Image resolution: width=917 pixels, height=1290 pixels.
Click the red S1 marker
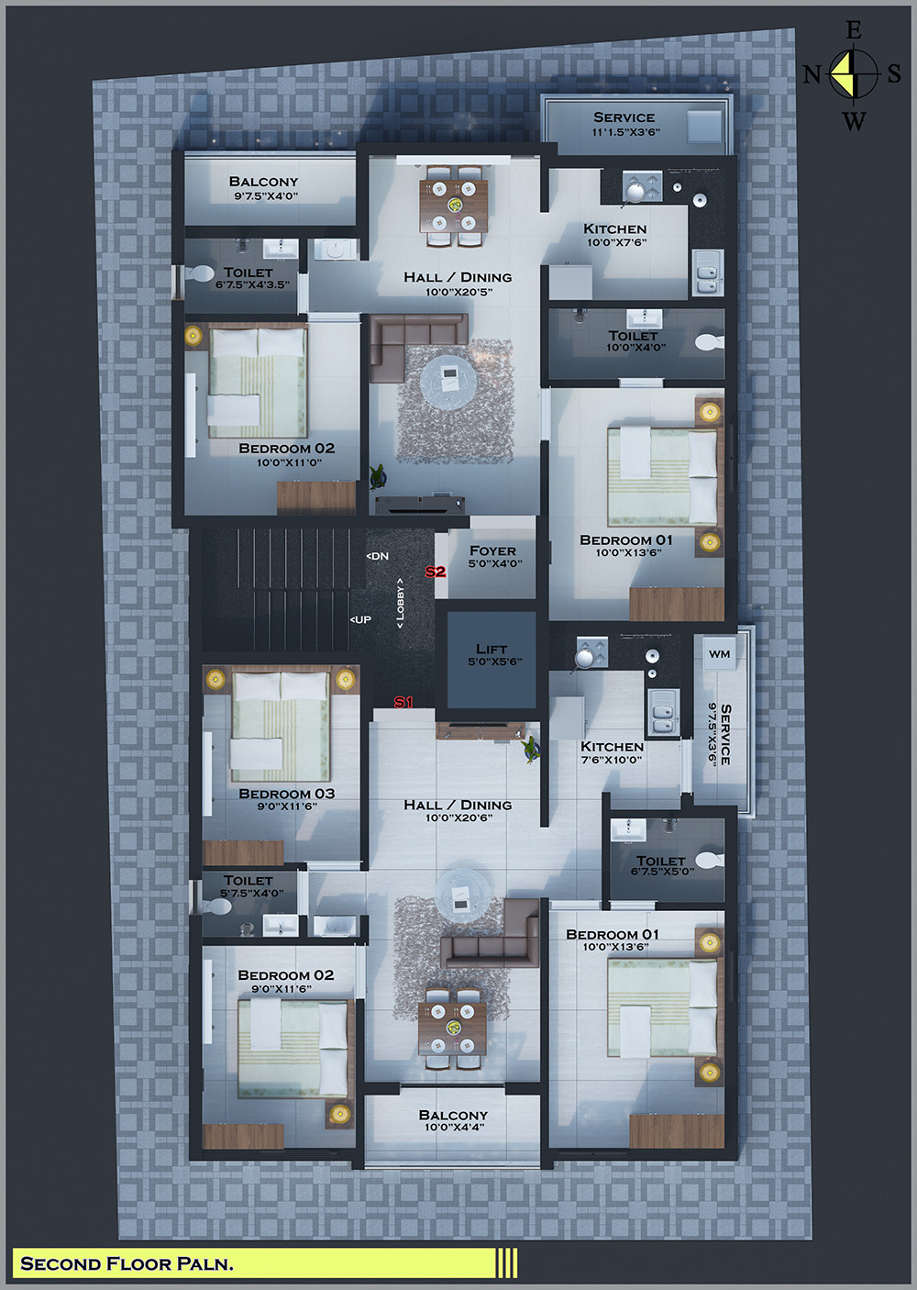coord(403,702)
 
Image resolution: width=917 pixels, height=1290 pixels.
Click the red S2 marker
coord(435,572)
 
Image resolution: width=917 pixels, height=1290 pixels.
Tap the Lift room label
coord(492,649)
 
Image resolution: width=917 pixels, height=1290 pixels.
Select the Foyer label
coord(492,550)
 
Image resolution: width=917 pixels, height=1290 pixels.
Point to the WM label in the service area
coord(720,653)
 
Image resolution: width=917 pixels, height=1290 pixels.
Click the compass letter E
coord(854,31)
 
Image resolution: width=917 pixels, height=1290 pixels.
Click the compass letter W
coord(854,120)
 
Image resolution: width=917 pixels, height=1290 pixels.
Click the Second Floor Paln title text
coord(127,1263)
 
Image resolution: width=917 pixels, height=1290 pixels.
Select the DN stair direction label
coord(378,556)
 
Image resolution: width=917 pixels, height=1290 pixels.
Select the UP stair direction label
coord(361,620)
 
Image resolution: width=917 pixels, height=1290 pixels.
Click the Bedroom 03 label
coord(286,794)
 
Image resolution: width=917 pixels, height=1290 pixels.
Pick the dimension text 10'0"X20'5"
coord(458,292)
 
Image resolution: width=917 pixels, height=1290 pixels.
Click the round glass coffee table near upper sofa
coord(448,376)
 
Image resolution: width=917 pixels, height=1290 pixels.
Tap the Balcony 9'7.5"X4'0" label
coord(264,182)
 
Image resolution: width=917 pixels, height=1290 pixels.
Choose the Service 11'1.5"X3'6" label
coord(624,117)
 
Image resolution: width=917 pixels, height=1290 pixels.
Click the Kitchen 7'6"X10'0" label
coord(612,747)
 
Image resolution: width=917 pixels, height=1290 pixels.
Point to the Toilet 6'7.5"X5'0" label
coord(661,862)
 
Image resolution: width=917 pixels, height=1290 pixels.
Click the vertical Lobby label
coord(400,603)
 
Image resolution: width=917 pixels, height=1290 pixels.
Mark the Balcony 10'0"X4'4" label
coord(453,1115)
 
